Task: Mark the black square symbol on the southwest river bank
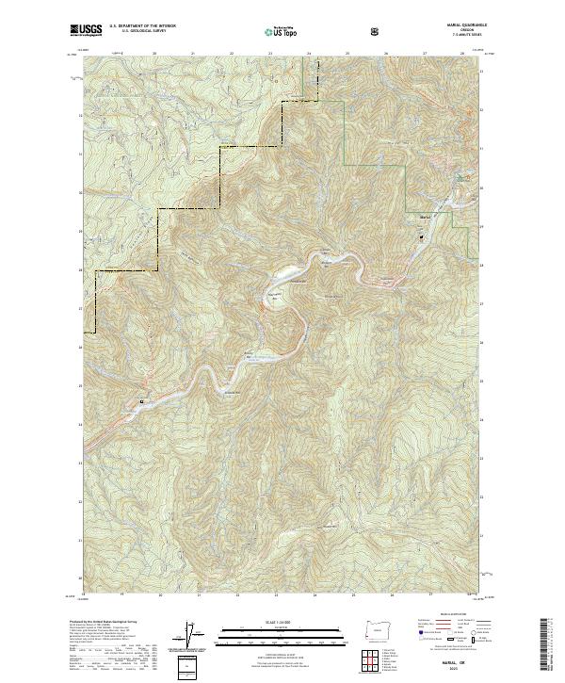[x=142, y=401]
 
